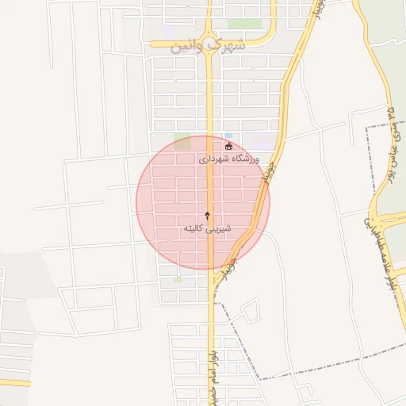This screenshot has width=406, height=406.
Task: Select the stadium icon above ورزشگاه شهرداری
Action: tap(228, 146)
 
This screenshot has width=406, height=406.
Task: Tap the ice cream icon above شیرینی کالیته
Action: tap(208, 215)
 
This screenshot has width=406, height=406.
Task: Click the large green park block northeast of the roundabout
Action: tap(245, 23)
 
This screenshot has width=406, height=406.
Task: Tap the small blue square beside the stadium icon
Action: tap(228, 135)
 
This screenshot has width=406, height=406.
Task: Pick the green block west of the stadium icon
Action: tap(182, 144)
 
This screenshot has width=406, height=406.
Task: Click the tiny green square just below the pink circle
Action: tap(178, 280)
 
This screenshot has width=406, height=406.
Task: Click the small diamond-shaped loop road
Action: tap(249, 311)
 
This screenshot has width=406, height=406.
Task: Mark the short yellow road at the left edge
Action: tap(15, 382)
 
